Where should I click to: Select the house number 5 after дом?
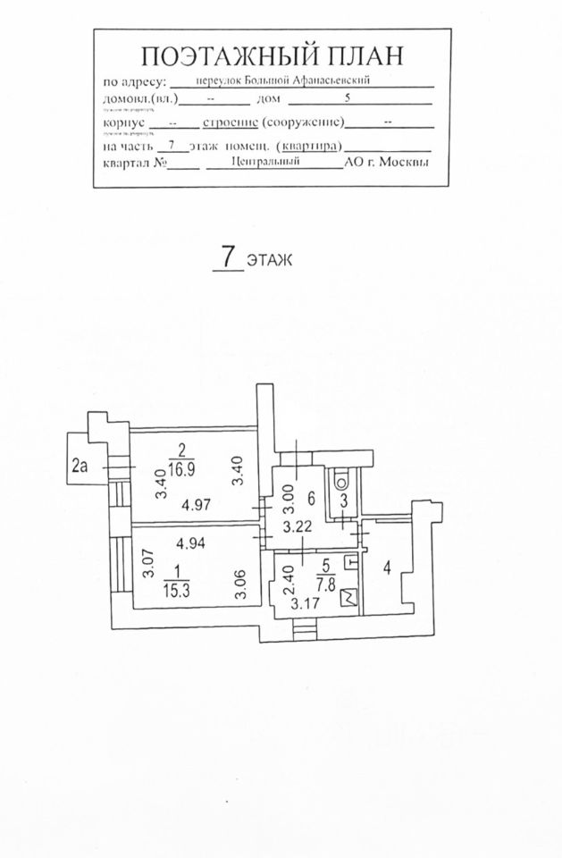tap(348, 99)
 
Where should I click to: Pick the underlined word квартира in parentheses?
tap(310, 144)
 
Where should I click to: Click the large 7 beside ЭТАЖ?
tap(228, 257)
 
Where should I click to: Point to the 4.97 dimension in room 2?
tap(196, 506)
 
